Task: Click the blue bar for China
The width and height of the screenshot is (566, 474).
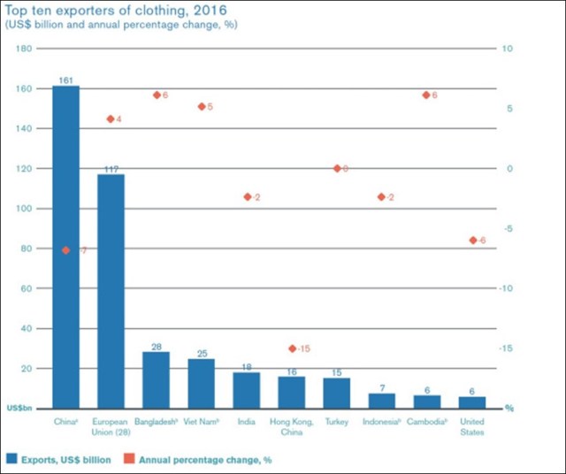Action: pos(65,247)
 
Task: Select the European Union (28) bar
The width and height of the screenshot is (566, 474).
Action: pos(111,291)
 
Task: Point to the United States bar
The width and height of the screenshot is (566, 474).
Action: pos(472,401)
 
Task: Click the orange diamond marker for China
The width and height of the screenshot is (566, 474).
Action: pos(66,250)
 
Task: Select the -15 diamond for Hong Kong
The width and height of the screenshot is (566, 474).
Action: pos(292,349)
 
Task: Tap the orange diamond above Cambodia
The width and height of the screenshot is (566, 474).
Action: pos(426,95)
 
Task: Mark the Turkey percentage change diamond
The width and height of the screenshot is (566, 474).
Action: pos(337,168)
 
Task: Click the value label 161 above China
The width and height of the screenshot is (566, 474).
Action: pos(65,80)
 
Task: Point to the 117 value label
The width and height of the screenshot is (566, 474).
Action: pos(111,169)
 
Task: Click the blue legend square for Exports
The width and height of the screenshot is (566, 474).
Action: pos(13,459)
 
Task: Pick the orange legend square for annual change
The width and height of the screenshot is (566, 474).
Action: pos(129,459)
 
